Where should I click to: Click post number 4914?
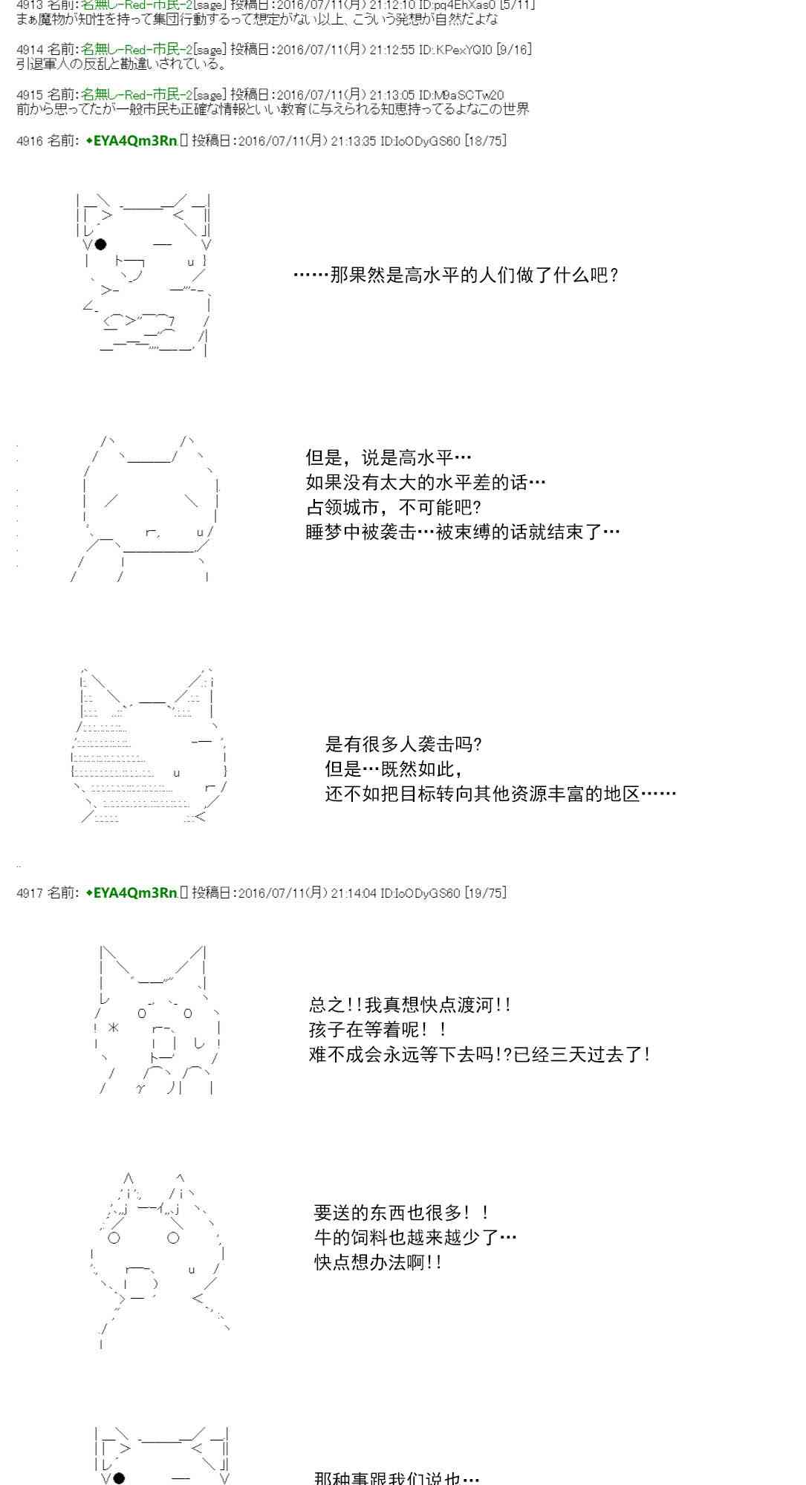click(x=30, y=50)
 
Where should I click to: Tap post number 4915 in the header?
click(x=30, y=94)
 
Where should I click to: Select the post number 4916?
click(x=30, y=140)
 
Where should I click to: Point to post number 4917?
click(x=30, y=892)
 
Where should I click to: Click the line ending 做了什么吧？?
click(x=456, y=276)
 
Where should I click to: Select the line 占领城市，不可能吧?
click(x=394, y=508)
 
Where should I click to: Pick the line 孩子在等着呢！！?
click(x=379, y=1030)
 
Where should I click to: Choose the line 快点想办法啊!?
click(x=379, y=1262)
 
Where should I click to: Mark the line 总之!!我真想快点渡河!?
click(x=410, y=1005)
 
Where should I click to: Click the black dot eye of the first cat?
click(x=101, y=244)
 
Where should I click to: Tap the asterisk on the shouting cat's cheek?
click(x=113, y=1028)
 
